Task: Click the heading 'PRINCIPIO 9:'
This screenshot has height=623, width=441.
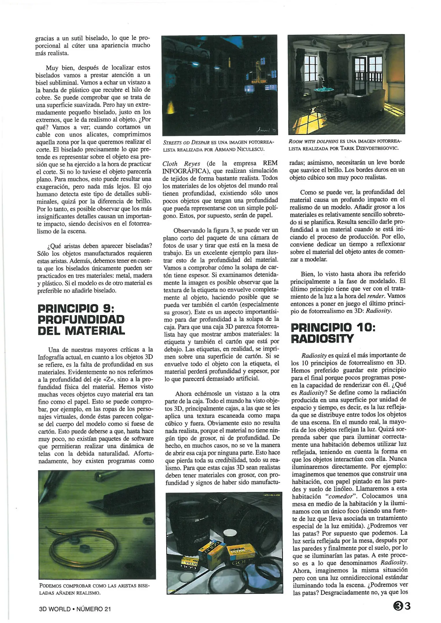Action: click(x=76, y=309)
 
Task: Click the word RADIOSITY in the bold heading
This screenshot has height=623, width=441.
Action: click(x=322, y=339)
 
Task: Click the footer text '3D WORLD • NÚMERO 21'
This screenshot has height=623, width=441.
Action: click(x=75, y=609)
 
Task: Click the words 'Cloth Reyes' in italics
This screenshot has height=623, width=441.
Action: click(x=181, y=164)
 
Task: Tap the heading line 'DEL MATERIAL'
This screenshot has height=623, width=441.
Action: click(x=81, y=331)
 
